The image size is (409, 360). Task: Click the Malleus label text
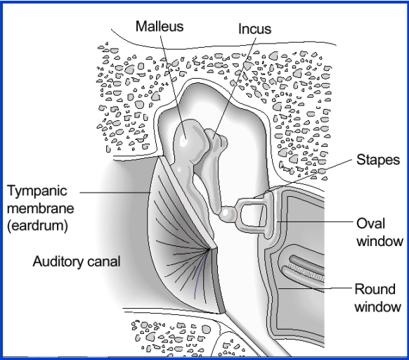pos(160,26)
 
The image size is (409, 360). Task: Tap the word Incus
pos(254,29)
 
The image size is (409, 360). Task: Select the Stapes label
pos(378,160)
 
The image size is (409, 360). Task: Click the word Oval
pos(370,224)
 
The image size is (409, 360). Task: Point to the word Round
pos(375,289)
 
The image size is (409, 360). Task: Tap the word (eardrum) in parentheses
pos(37,226)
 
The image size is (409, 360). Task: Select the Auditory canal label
pos(77,262)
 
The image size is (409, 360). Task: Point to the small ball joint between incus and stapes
pos(228,214)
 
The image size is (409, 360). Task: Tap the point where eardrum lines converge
pos(208,250)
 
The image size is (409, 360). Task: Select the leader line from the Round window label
pos(315,288)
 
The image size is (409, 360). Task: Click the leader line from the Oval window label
pos(314,222)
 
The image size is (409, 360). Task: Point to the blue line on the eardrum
pos(200,275)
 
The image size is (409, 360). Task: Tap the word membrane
pos(41,209)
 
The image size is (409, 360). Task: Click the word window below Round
pos(377,307)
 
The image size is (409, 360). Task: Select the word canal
pos(104,262)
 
